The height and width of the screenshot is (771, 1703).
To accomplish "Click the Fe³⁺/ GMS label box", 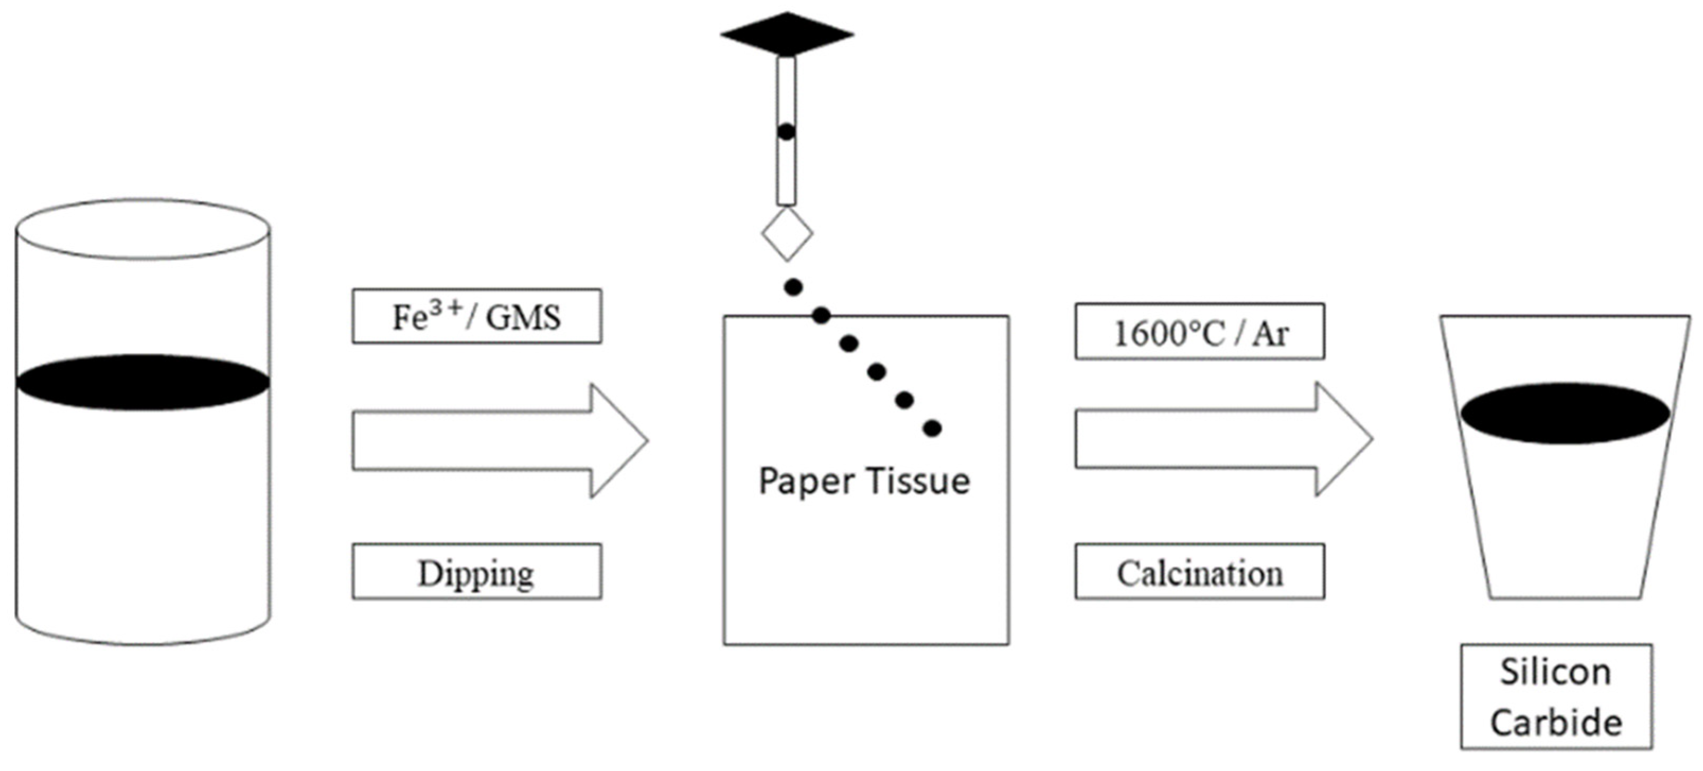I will (476, 316).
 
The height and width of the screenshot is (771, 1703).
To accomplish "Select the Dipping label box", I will (476, 572).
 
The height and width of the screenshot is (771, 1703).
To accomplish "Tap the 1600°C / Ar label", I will (1199, 332).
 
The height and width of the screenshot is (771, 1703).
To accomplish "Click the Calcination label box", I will (1199, 572).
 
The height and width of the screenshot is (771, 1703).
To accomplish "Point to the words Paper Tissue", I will (863, 481).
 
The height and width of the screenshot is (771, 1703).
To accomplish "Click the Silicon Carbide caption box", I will (1556, 696).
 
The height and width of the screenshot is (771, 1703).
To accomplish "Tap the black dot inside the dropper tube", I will (786, 131).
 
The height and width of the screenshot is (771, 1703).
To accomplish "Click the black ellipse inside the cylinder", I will (143, 382).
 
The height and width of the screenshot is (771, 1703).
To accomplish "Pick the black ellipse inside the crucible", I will (1565, 413).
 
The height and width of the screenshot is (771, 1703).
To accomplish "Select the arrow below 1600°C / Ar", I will (1223, 439).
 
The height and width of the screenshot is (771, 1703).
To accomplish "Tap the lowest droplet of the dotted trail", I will (932, 429).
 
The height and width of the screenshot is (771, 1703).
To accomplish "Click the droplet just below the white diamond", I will (793, 287).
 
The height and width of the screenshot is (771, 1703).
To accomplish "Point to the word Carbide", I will (1556, 722).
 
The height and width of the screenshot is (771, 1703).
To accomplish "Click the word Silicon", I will (1556, 672).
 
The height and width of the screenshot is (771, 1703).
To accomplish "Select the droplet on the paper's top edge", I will (821, 315).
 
